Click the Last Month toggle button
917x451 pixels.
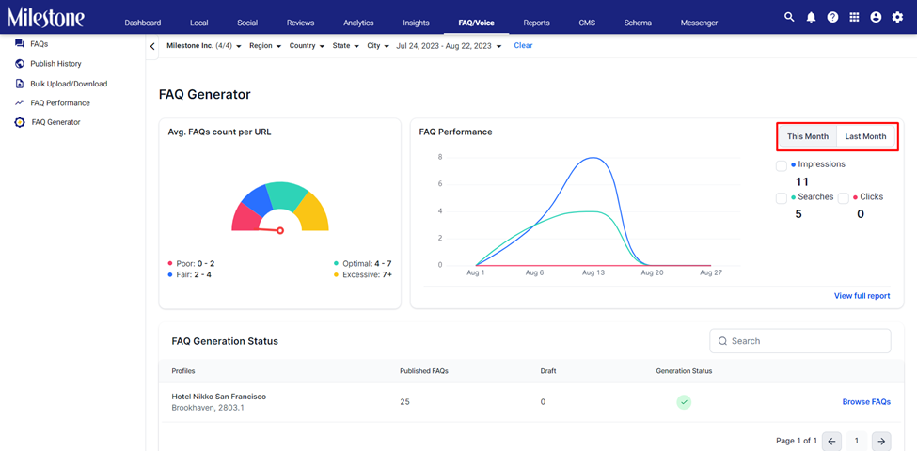pos(865,136)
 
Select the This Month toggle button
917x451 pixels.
pos(808,136)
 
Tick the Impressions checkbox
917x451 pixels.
pos(782,166)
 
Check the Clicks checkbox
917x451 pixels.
pos(844,198)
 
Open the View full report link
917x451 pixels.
pos(862,296)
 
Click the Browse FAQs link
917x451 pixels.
pos(866,402)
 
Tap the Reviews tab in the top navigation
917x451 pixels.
pos(301,23)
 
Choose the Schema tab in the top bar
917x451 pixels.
pos(638,23)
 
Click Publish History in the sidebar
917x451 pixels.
pos(55,64)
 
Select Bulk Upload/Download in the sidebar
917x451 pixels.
pos(69,84)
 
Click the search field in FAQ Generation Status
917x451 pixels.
pos(800,341)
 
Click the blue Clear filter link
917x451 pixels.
pos(523,45)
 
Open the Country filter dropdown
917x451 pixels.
pos(307,45)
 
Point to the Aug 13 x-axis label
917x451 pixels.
pos(593,272)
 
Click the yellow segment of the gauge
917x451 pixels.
pos(311,211)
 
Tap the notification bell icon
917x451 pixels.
pos(811,18)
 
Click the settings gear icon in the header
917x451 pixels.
pos(897,18)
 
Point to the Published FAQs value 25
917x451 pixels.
pos(404,402)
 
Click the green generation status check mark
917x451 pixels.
pos(685,402)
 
